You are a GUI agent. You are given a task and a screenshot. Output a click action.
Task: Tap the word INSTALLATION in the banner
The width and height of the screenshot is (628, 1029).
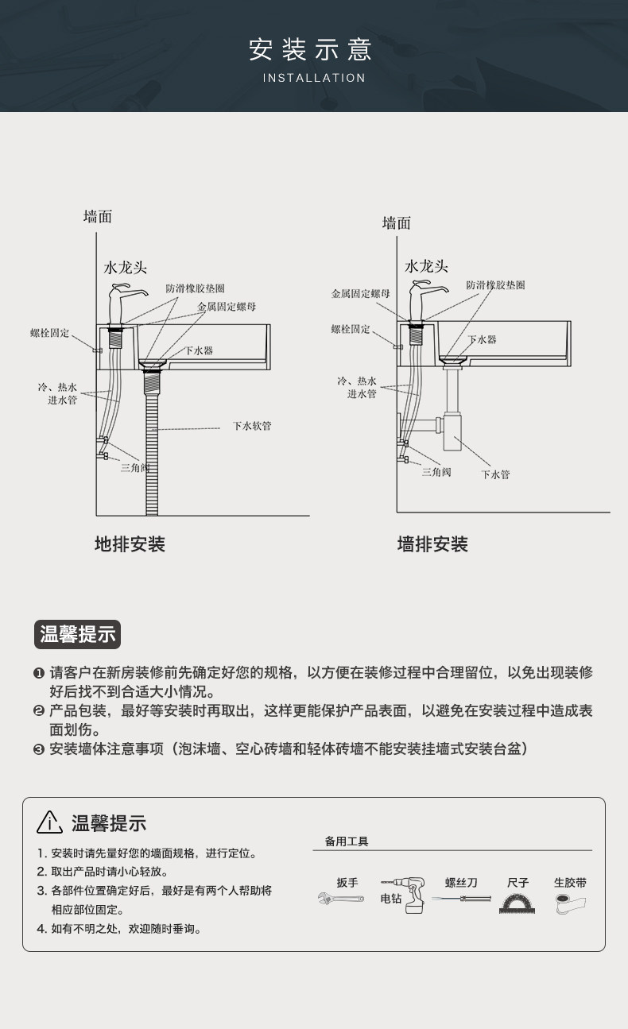pyautogui.click(x=314, y=78)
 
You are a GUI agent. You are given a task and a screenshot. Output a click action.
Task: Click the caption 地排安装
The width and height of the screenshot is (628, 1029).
pyautogui.click(x=130, y=544)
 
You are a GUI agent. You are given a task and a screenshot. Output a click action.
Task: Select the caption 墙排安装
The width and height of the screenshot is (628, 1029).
pyautogui.click(x=432, y=544)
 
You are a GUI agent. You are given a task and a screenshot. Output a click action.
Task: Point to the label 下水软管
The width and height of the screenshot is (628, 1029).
pyautogui.click(x=252, y=426)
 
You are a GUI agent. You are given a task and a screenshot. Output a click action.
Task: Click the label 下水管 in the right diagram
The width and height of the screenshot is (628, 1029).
pyautogui.click(x=495, y=474)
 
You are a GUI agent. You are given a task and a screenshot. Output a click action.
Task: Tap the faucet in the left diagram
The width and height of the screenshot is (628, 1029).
pyautogui.click(x=122, y=304)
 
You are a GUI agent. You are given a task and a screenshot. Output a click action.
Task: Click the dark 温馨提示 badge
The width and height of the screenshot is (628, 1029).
pyautogui.click(x=78, y=633)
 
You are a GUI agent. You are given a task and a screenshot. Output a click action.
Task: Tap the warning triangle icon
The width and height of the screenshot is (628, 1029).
pyautogui.click(x=49, y=822)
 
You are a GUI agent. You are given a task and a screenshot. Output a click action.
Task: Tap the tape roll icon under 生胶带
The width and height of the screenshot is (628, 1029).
pyautogui.click(x=569, y=902)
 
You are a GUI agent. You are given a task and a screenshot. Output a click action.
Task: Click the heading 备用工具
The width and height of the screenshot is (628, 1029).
pyautogui.click(x=347, y=841)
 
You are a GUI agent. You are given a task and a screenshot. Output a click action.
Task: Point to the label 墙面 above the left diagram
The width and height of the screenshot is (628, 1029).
pyautogui.click(x=98, y=216)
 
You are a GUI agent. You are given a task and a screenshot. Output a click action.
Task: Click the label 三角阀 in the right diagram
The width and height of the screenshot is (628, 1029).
pyautogui.click(x=436, y=471)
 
